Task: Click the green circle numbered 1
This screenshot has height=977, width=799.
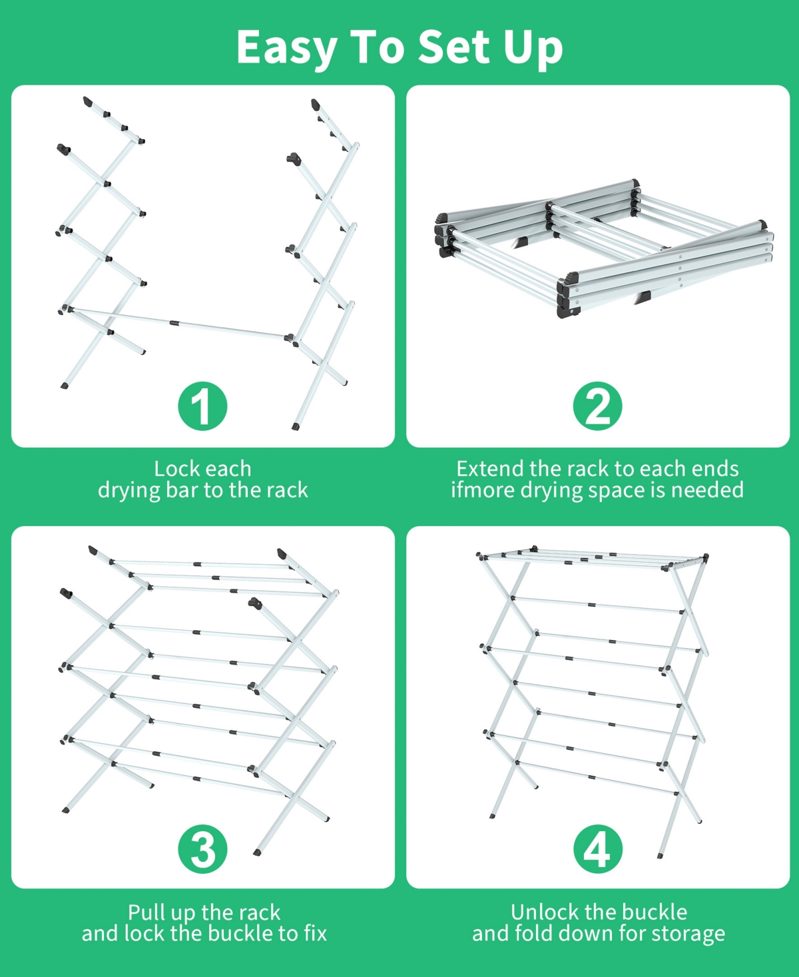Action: [x=202, y=406]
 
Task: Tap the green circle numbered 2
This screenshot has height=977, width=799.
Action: [x=597, y=406]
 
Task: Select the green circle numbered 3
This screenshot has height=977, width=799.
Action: [x=202, y=849]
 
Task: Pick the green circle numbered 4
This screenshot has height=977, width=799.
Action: [x=597, y=849]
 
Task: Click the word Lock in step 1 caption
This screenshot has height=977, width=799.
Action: [x=175, y=469]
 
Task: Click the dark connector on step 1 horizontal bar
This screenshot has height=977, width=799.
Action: [x=174, y=323]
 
